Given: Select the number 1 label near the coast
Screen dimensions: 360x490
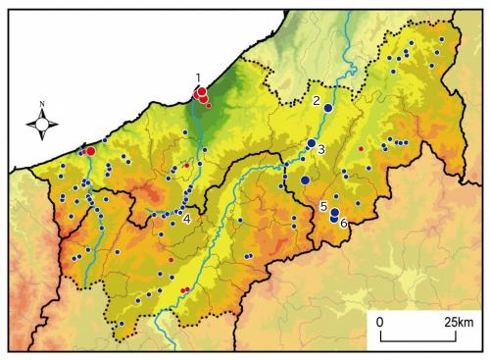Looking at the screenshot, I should (x=198, y=77).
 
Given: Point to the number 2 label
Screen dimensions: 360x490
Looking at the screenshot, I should (x=317, y=100).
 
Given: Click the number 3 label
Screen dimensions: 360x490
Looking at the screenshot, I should (x=320, y=150).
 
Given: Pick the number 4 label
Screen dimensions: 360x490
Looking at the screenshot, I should (x=186, y=217).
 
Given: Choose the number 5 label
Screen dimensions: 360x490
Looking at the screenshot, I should (x=322, y=206).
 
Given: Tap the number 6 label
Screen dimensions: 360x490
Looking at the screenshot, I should (x=343, y=224).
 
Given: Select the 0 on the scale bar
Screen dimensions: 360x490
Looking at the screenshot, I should (x=380, y=321).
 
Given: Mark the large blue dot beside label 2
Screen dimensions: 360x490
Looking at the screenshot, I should (x=328, y=108).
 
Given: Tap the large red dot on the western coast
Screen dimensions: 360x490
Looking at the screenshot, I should (x=90, y=151).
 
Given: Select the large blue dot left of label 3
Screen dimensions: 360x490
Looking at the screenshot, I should (x=311, y=144).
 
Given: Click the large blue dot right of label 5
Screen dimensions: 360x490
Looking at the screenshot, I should (x=334, y=213).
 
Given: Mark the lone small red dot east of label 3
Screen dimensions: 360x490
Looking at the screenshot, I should (x=361, y=148).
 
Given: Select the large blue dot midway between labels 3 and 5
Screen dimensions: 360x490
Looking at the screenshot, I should (x=306, y=180).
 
